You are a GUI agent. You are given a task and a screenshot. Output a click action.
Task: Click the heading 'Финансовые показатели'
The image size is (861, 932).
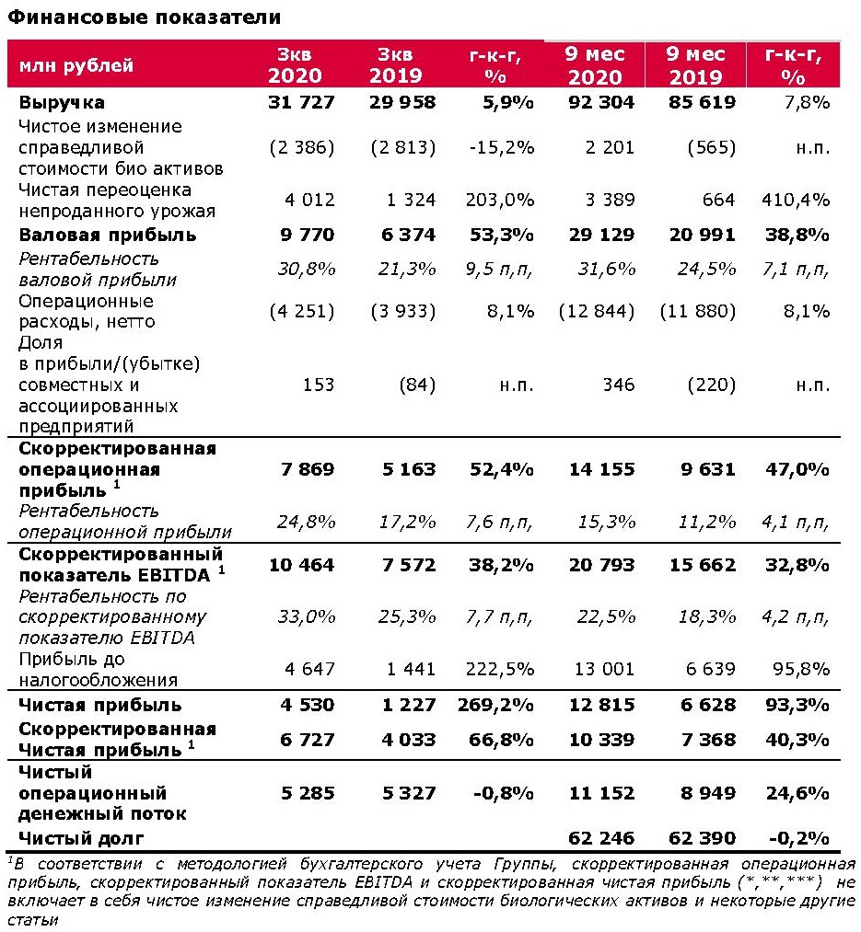point(145,17)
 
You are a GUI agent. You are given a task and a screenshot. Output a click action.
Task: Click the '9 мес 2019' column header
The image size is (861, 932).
point(696,65)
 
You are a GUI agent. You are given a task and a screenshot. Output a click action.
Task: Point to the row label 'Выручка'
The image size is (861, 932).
point(62,102)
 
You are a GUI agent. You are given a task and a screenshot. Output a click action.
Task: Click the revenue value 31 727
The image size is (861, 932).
point(302,102)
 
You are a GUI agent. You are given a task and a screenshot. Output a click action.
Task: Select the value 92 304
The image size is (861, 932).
point(600,102)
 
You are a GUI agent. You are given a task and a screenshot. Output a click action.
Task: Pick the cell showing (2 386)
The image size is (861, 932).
point(302,148)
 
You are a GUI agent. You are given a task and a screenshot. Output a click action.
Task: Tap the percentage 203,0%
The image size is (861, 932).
point(503,200)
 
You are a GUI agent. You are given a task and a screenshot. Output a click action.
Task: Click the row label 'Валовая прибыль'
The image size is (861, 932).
point(108,235)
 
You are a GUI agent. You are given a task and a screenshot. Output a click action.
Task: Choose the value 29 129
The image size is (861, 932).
point(600,235)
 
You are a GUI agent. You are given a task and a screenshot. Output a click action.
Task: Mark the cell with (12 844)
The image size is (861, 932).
point(597,311)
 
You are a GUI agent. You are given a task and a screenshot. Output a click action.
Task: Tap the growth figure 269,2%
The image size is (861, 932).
point(497,706)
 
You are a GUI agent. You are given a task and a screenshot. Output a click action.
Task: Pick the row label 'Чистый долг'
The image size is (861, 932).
point(81,837)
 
